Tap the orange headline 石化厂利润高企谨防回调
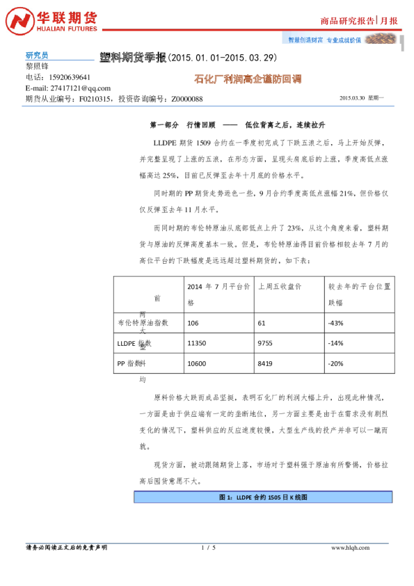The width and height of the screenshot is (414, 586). point(247,79)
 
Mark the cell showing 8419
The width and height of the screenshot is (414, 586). point(266,363)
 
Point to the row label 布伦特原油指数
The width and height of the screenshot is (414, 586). point(143,323)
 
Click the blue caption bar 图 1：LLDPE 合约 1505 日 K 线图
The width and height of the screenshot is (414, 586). point(262,498)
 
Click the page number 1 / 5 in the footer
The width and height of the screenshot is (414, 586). point(208,548)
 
